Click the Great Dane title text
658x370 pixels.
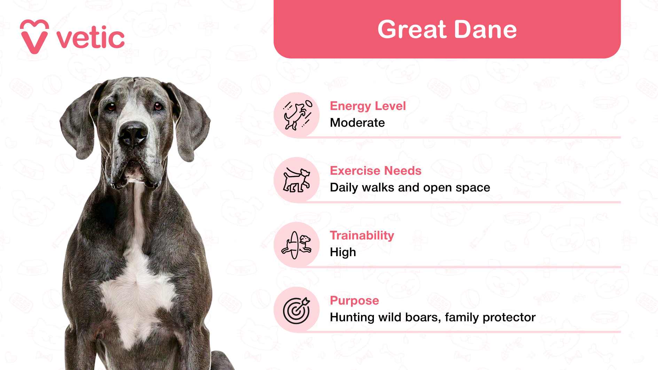(447, 29)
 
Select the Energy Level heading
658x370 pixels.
(368, 106)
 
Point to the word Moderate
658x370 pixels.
(357, 123)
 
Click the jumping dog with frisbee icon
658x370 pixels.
(297, 115)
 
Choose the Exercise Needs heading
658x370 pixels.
(375, 171)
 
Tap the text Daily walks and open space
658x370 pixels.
(410, 187)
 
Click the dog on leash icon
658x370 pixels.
(297, 180)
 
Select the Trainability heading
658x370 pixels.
(362, 235)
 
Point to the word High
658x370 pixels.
(343, 252)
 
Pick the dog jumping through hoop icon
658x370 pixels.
(297, 245)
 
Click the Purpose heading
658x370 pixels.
(354, 300)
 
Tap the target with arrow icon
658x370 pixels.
(297, 310)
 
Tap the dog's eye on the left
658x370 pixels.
(111, 107)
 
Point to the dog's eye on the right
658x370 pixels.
(158, 106)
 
